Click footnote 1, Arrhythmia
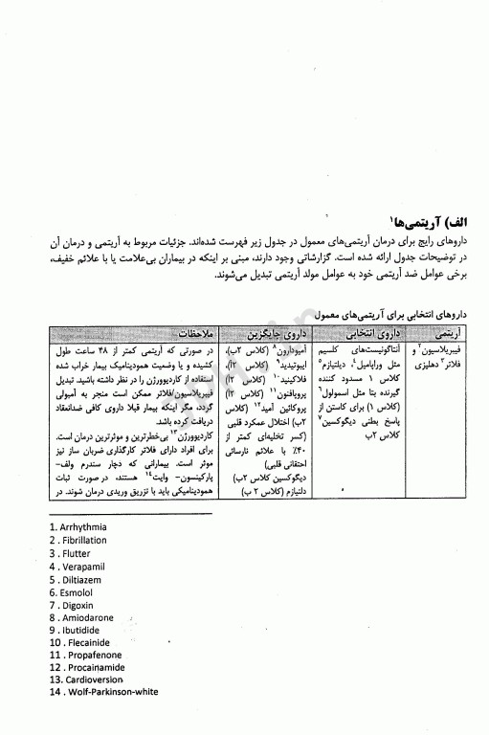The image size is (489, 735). (79, 526)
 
